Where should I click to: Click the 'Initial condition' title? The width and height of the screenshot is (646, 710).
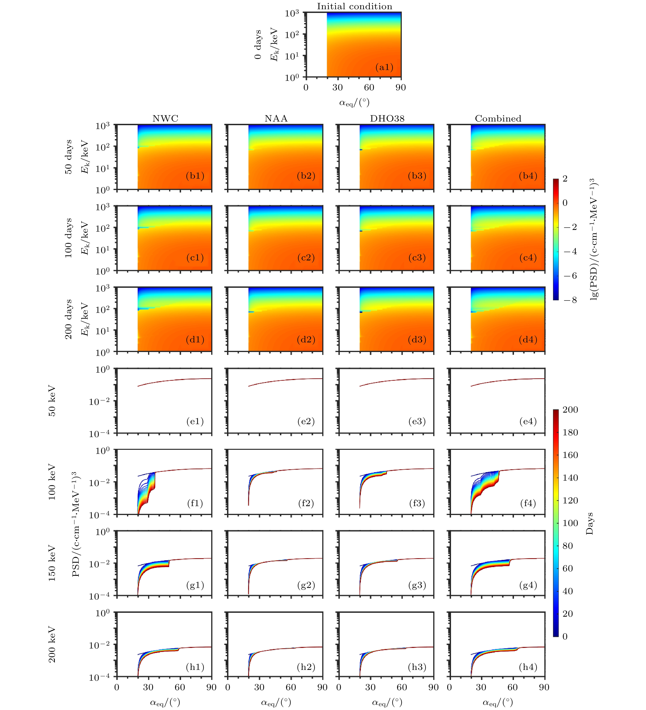pyautogui.click(x=354, y=6)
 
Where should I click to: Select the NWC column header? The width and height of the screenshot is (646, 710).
pyautogui.click(x=165, y=118)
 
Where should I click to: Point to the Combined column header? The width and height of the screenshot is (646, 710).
pyautogui.click(x=498, y=118)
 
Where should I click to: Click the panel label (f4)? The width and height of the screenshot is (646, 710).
pyautogui.click(x=528, y=503)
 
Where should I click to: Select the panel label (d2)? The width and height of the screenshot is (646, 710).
pyautogui.click(x=306, y=339)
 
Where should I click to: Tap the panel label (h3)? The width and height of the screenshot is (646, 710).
pyautogui.click(x=417, y=667)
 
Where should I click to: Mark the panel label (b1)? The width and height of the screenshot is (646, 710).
pyautogui.click(x=195, y=176)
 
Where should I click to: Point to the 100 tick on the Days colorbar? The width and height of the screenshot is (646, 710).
pyautogui.click(x=570, y=523)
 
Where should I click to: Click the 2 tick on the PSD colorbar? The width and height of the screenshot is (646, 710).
pyautogui.click(x=565, y=179)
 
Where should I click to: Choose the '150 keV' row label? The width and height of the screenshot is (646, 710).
pyautogui.click(x=52, y=563)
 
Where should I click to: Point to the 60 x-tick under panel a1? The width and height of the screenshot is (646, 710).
pyautogui.click(x=369, y=87)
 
